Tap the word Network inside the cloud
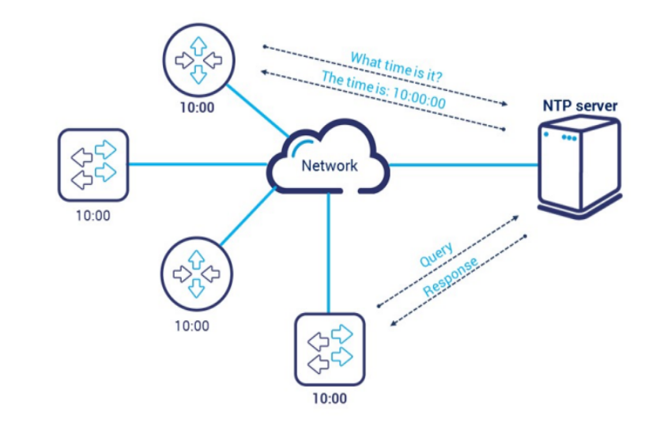pyautogui.click(x=329, y=165)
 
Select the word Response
pyautogui.click(x=450, y=278)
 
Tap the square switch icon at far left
pyautogui.click(x=92, y=164)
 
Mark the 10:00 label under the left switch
pyautogui.click(x=92, y=215)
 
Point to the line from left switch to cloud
pyautogui.click(x=198, y=164)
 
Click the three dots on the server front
pyautogui.click(x=569, y=138)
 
